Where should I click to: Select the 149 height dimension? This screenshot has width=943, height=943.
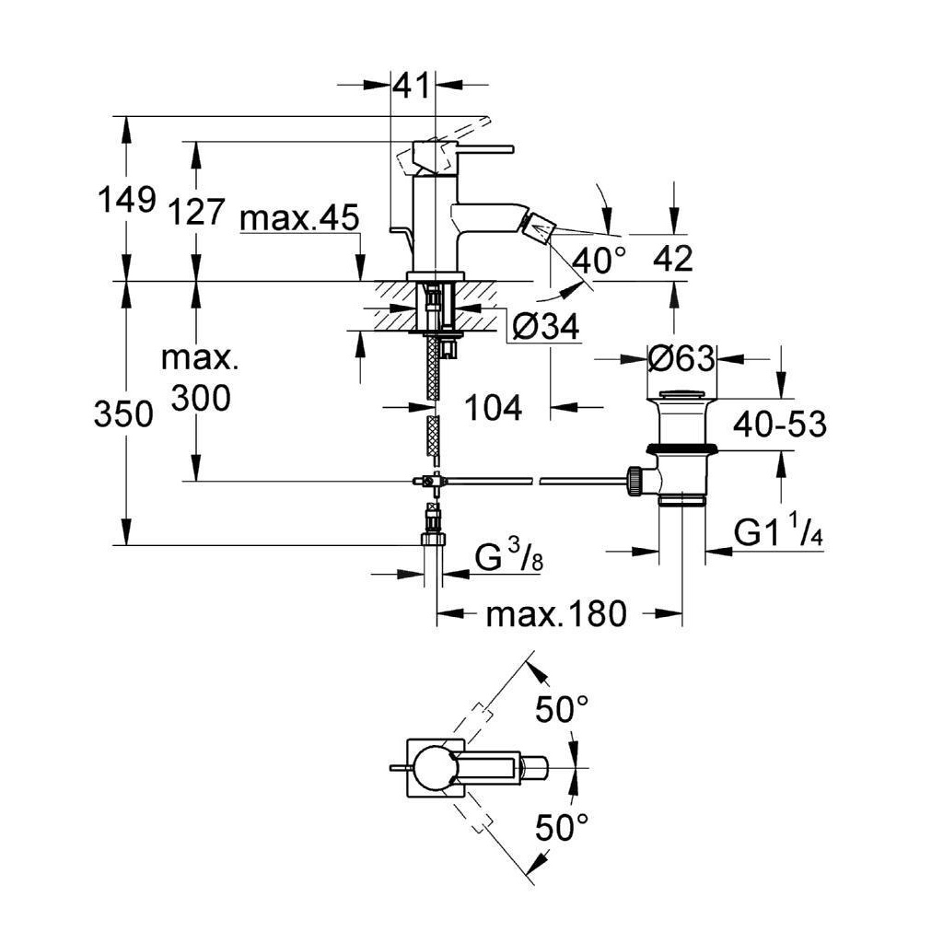coord(127,199)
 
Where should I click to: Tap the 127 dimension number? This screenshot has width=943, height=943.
coord(196,212)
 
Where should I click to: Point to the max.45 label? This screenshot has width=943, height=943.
coord(297,220)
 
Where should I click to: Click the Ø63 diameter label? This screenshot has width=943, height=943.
coord(681,357)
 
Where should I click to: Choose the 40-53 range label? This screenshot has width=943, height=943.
coord(779,425)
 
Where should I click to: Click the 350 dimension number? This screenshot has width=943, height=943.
coord(123,415)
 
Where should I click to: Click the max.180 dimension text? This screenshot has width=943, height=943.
coord(556,613)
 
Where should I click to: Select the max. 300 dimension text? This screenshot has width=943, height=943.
coord(200,378)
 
